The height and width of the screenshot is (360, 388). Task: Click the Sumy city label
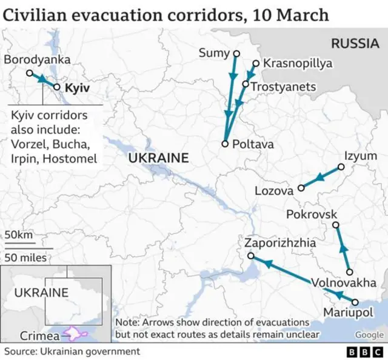point(214,53)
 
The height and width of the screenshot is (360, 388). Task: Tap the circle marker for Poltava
point(225,144)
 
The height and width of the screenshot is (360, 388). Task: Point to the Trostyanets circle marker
point(247,84)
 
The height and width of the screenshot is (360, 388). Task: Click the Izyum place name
point(360,156)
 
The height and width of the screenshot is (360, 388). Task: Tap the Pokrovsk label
point(311,215)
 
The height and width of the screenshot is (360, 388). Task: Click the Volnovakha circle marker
point(349,272)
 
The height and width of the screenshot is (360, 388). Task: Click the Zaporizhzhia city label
point(280,243)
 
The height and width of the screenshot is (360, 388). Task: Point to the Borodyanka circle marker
point(29,73)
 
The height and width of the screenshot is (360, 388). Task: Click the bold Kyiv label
point(77,88)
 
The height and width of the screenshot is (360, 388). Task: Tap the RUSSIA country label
point(355,43)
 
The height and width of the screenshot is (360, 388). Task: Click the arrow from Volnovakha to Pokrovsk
point(343,249)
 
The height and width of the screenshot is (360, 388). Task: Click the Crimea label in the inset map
point(39,336)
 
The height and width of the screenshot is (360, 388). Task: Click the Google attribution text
point(369,335)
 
